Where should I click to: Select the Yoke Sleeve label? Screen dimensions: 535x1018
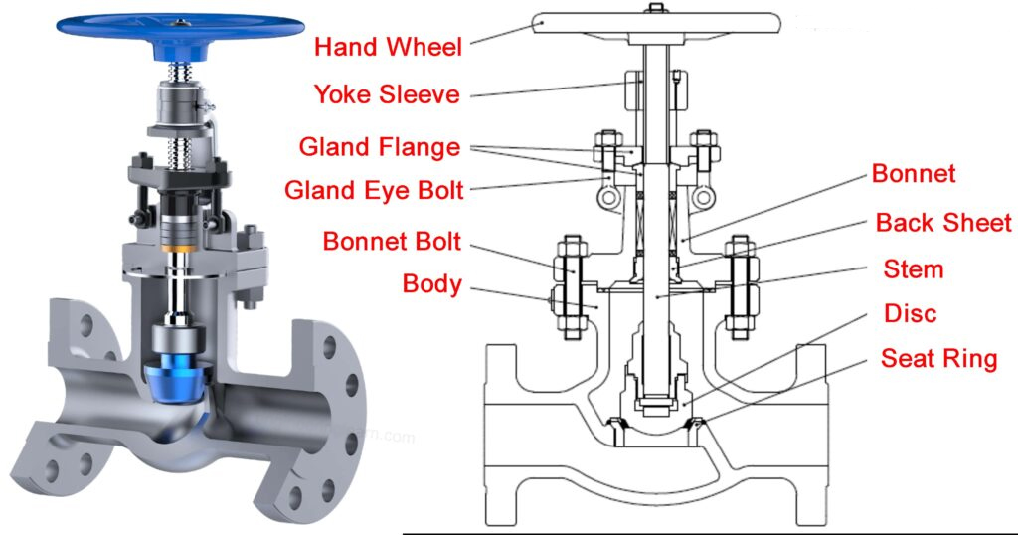[387, 94]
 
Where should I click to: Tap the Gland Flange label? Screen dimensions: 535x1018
[380, 147]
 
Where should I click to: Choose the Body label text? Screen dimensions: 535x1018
[431, 284]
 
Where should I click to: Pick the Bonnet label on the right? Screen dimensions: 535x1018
[914, 173]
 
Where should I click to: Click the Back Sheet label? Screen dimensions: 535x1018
[942, 223]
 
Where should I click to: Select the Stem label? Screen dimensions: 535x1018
[913, 268]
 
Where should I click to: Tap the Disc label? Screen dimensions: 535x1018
[910, 314]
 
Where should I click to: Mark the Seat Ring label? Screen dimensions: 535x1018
[938, 358]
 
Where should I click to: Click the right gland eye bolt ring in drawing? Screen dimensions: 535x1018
[703, 198]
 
